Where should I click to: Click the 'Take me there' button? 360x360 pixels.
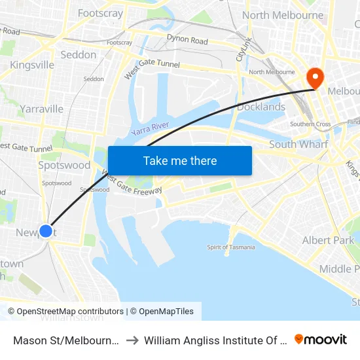click(180, 160)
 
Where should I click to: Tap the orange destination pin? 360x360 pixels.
click(315, 79)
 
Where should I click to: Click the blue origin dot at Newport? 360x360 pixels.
click(46, 230)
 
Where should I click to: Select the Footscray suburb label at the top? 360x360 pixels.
click(100, 13)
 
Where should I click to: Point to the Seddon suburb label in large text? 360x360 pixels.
click(79, 55)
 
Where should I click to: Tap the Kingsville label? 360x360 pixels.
click(32, 65)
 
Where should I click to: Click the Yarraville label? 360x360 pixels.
click(41, 109)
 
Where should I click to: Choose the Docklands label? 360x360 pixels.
click(261, 107)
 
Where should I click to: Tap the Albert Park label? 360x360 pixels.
click(328, 240)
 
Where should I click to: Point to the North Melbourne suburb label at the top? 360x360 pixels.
click(283, 15)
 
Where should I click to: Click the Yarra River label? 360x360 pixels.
click(150, 127)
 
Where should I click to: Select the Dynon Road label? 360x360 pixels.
click(187, 41)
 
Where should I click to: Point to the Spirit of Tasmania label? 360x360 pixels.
click(230, 247)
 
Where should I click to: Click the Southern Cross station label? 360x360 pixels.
click(311, 124)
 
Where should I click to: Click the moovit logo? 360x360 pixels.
click(321, 339)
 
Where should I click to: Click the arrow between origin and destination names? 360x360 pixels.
click(132, 340)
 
